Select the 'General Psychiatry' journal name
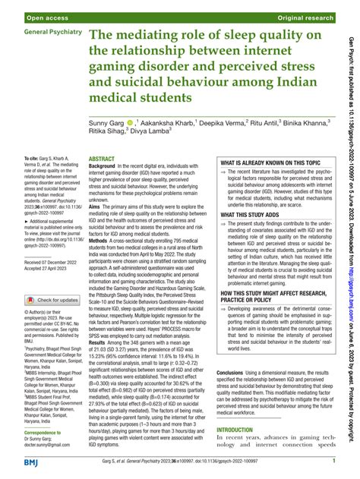55,35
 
